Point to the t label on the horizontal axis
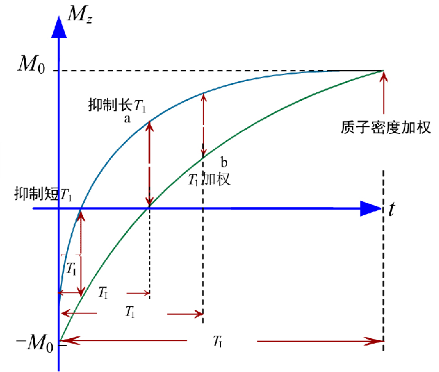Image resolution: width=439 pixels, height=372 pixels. (392, 209)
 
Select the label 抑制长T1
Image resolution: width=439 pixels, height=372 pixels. (117, 105)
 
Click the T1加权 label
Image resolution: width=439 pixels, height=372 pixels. (209, 180)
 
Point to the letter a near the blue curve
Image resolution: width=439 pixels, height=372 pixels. (127, 119)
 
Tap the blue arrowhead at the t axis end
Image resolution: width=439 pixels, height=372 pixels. (370, 209)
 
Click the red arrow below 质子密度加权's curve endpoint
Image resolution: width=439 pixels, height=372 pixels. (384, 92)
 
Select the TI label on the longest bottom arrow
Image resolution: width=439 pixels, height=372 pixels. (217, 340)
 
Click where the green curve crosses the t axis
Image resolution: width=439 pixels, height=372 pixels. (149, 209)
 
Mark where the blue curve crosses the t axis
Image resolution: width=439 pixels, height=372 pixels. (80, 209)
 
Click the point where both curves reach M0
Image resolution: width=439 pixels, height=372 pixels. (383, 71)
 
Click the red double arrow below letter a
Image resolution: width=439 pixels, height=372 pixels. (149, 165)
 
